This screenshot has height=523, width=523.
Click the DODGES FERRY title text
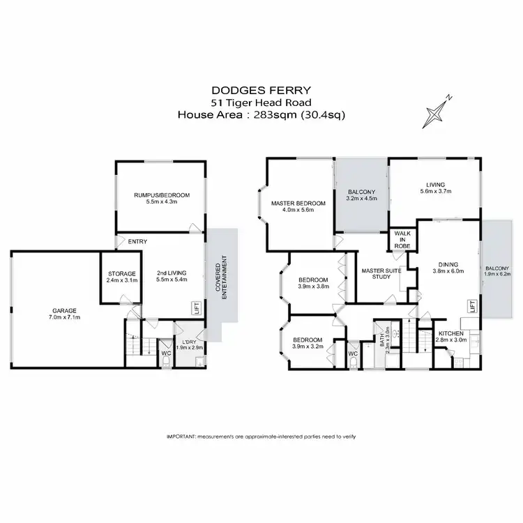pyautogui.click(x=261, y=91)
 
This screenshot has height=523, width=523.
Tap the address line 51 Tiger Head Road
pyautogui.click(x=261, y=103)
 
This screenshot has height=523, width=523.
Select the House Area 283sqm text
pyautogui.click(x=261, y=115)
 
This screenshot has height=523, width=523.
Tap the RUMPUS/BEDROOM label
pyautogui.click(x=161, y=196)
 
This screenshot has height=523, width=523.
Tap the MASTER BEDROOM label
pyautogui.click(x=298, y=203)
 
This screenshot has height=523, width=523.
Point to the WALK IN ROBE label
pyautogui.click(x=401, y=239)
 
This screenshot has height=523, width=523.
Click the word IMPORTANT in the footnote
pyautogui.click(x=182, y=436)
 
